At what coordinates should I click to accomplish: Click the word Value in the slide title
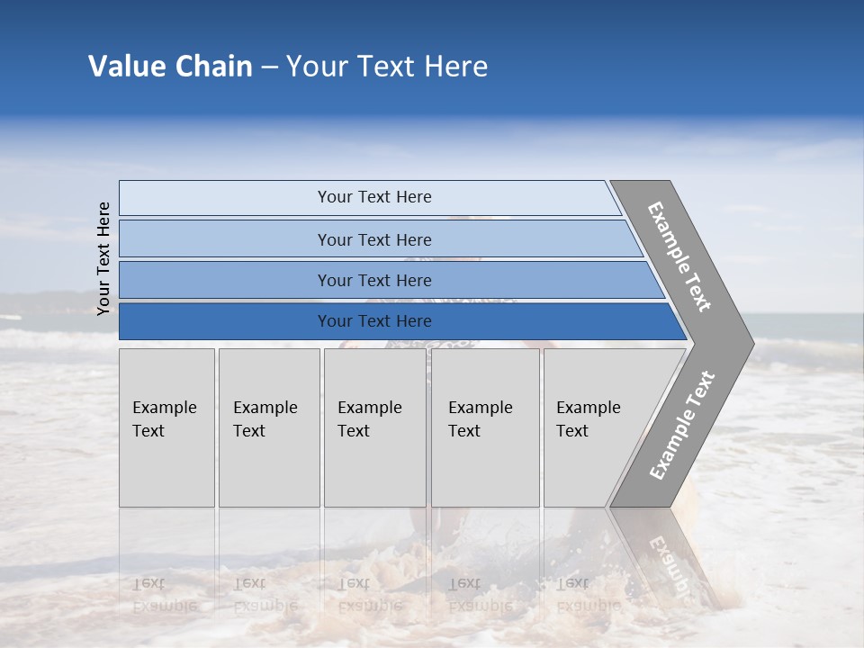click(125, 67)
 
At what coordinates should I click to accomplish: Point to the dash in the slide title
click(269, 67)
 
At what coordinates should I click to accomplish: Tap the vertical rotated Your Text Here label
click(103, 258)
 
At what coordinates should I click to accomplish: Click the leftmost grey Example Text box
click(166, 427)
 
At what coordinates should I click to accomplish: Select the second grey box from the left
click(268, 427)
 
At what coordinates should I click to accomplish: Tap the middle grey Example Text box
click(374, 427)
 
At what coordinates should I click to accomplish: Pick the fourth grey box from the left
click(485, 427)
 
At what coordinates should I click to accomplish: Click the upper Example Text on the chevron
click(679, 256)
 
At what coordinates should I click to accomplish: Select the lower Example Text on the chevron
click(681, 426)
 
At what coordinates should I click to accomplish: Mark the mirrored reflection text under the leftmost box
click(164, 594)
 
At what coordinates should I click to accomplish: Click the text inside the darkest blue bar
click(374, 321)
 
